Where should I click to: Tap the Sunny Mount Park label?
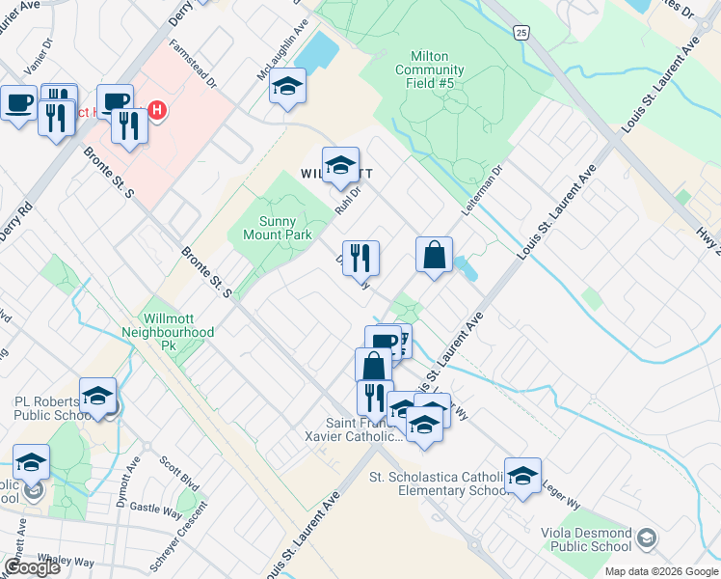(276, 228)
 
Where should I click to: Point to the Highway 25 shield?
(521, 33)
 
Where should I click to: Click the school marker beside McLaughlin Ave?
(286, 88)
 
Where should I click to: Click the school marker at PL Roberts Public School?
(97, 397)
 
